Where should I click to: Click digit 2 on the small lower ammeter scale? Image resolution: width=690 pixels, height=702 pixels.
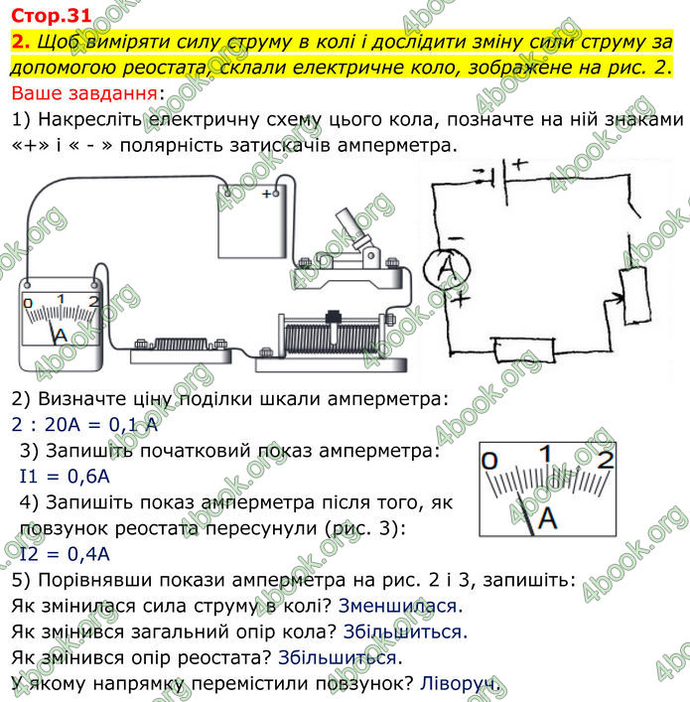607,458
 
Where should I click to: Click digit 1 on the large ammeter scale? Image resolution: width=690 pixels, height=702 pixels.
61,298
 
